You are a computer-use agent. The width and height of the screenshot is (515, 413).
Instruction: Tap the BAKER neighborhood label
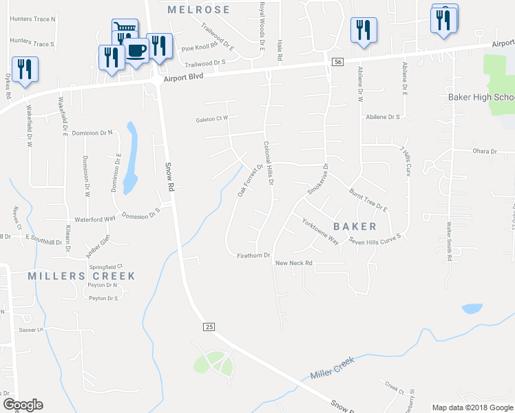tap(355, 226)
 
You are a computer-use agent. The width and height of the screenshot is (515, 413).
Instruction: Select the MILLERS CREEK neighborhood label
tap(82, 276)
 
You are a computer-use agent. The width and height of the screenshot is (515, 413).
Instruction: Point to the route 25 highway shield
tap(209, 326)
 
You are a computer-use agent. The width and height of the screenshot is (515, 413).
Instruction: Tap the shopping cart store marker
tap(125, 28)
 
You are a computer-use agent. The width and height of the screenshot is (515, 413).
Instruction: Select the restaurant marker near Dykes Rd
tap(25, 70)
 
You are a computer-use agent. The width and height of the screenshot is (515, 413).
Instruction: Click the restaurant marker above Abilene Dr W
tap(363, 30)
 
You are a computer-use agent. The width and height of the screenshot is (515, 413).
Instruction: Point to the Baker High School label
tap(481, 97)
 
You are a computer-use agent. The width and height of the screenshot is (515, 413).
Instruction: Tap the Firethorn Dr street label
tap(251, 255)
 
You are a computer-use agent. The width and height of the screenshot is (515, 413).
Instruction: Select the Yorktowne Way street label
tap(320, 231)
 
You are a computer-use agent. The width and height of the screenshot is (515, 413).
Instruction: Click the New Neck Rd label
tap(294, 263)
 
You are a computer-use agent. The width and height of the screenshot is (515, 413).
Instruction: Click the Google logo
tap(23, 405)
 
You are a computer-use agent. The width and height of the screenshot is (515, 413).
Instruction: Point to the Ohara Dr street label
tap(484, 151)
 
